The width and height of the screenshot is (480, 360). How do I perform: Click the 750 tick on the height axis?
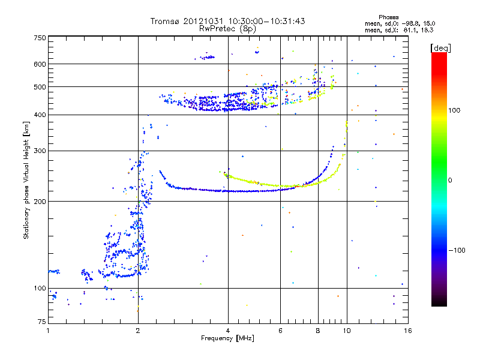[40, 38]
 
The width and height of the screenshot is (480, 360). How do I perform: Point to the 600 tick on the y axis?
[40, 64]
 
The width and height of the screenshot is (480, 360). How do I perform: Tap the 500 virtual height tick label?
[40, 87]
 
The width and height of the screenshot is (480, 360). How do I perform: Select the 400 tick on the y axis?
[40, 115]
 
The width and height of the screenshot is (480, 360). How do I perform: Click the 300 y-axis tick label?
[40, 151]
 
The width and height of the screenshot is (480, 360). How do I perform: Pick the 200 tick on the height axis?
[40, 201]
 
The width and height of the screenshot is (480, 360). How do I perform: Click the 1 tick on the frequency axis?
[48, 331]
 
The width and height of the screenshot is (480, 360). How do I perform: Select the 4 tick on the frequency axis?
[228, 331]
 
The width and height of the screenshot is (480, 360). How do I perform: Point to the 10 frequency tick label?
[346, 331]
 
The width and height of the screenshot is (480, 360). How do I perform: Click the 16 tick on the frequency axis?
[407, 331]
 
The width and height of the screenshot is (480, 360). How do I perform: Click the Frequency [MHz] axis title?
[227, 339]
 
